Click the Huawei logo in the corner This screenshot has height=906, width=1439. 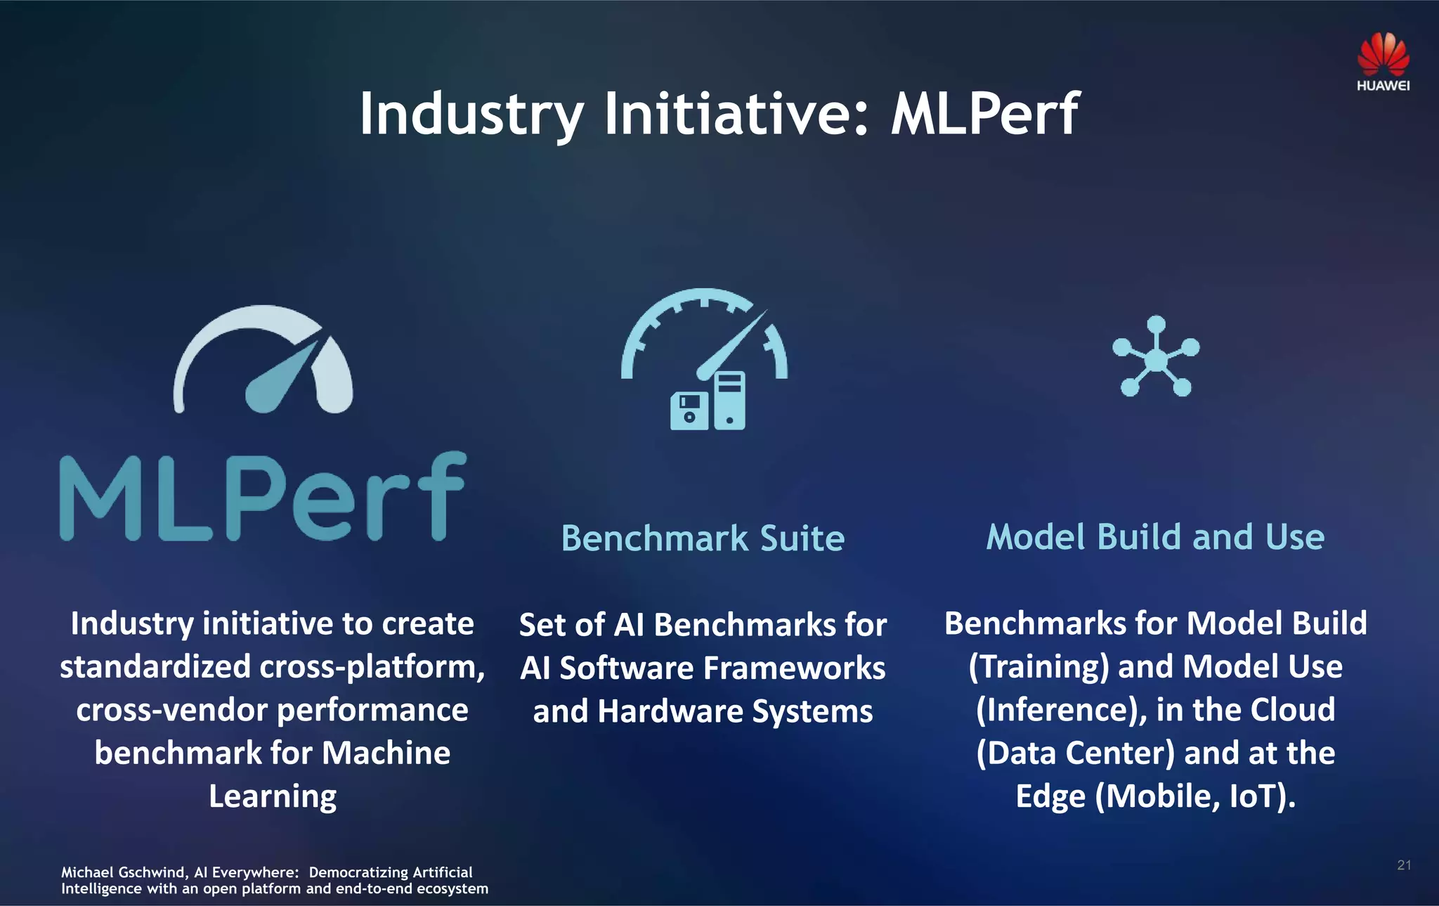(1383, 62)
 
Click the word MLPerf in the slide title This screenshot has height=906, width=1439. (985, 114)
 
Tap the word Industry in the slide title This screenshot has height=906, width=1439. (471, 114)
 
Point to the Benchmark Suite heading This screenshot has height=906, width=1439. (703, 538)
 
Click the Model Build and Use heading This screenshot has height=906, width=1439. (1156, 537)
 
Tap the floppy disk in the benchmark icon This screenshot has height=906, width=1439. (689, 411)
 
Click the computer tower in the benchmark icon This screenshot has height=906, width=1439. (729, 401)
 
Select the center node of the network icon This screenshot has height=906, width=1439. (1156, 360)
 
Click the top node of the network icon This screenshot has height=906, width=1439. (1156, 325)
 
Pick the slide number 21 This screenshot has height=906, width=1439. (1404, 865)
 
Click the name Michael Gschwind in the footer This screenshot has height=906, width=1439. (123, 872)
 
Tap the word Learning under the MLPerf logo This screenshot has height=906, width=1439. (273, 796)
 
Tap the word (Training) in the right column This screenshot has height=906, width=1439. (1038, 667)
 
